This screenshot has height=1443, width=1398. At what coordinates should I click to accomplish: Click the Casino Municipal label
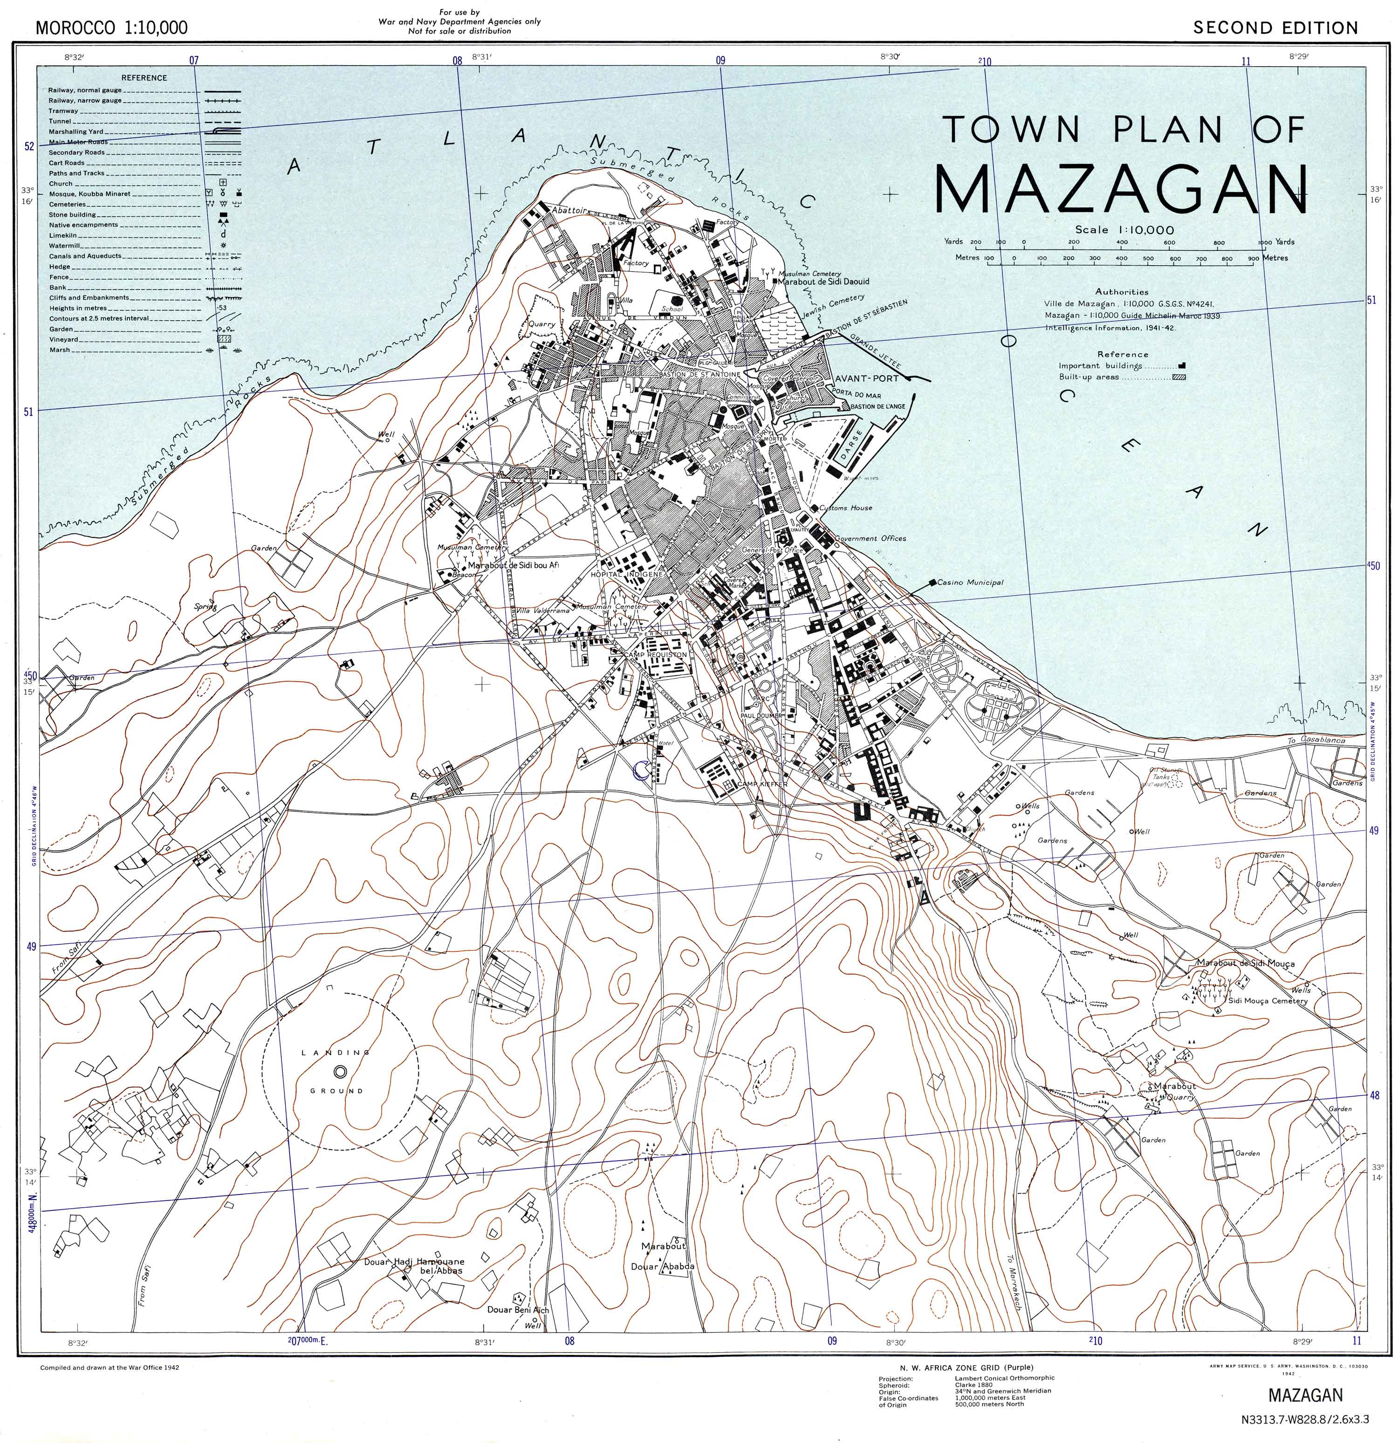970,582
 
